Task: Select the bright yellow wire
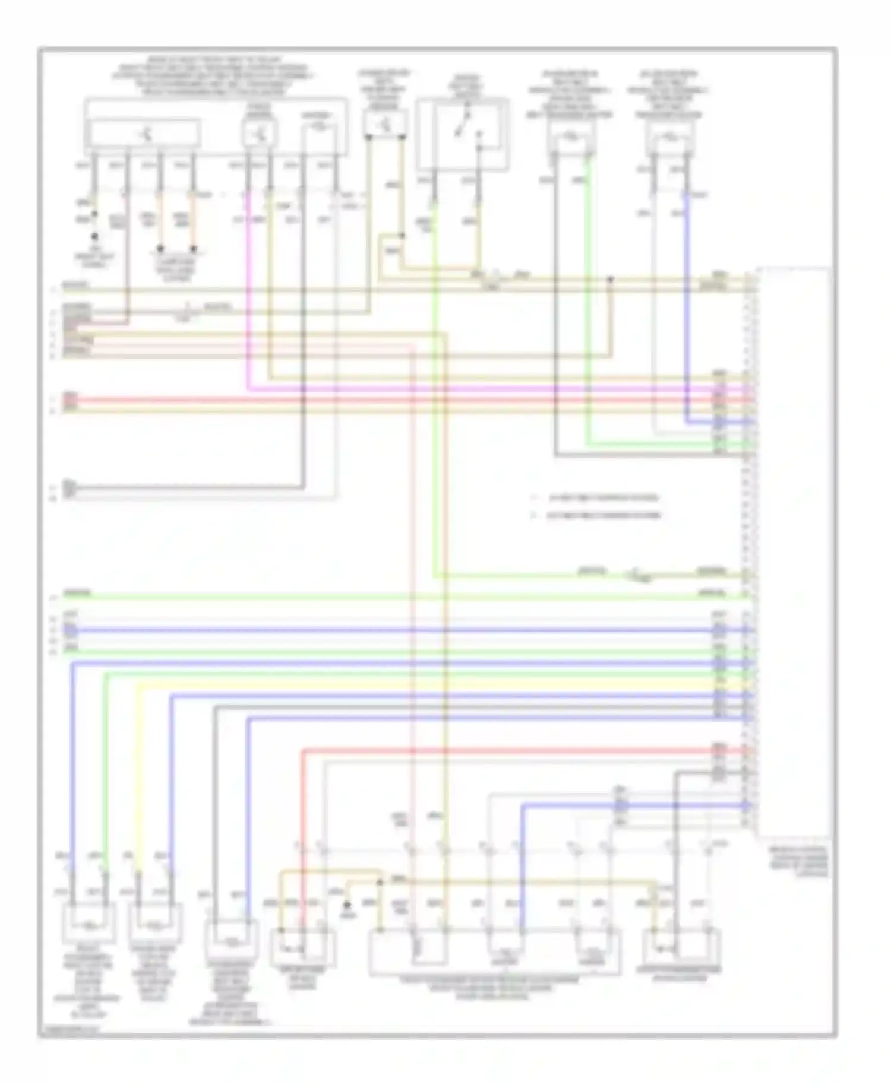(x=416, y=684)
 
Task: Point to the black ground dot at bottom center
(x=348, y=906)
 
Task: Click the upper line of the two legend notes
(x=597, y=497)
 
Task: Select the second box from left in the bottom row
(x=154, y=924)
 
